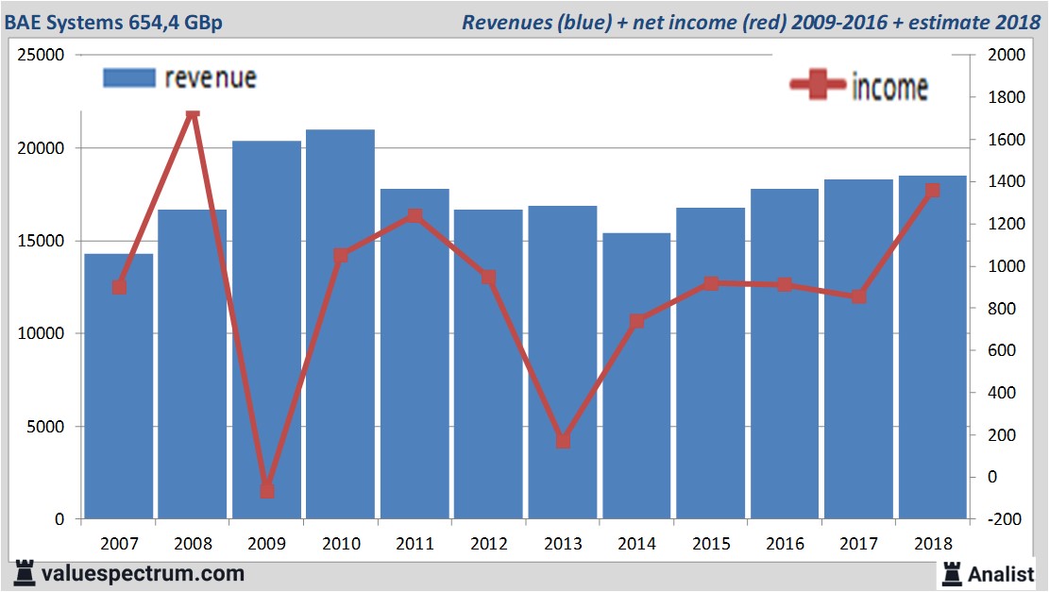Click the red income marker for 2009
pos(267,490)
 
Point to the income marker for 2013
pos(563,441)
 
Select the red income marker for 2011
pos(415,216)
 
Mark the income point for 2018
pos(932,191)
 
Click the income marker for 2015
pos(711,283)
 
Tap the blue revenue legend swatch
pos(128,78)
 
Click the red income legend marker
pos(817,86)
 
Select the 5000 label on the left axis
pos(45,427)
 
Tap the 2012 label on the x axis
pos(488,544)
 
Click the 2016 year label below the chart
pos(785,544)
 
